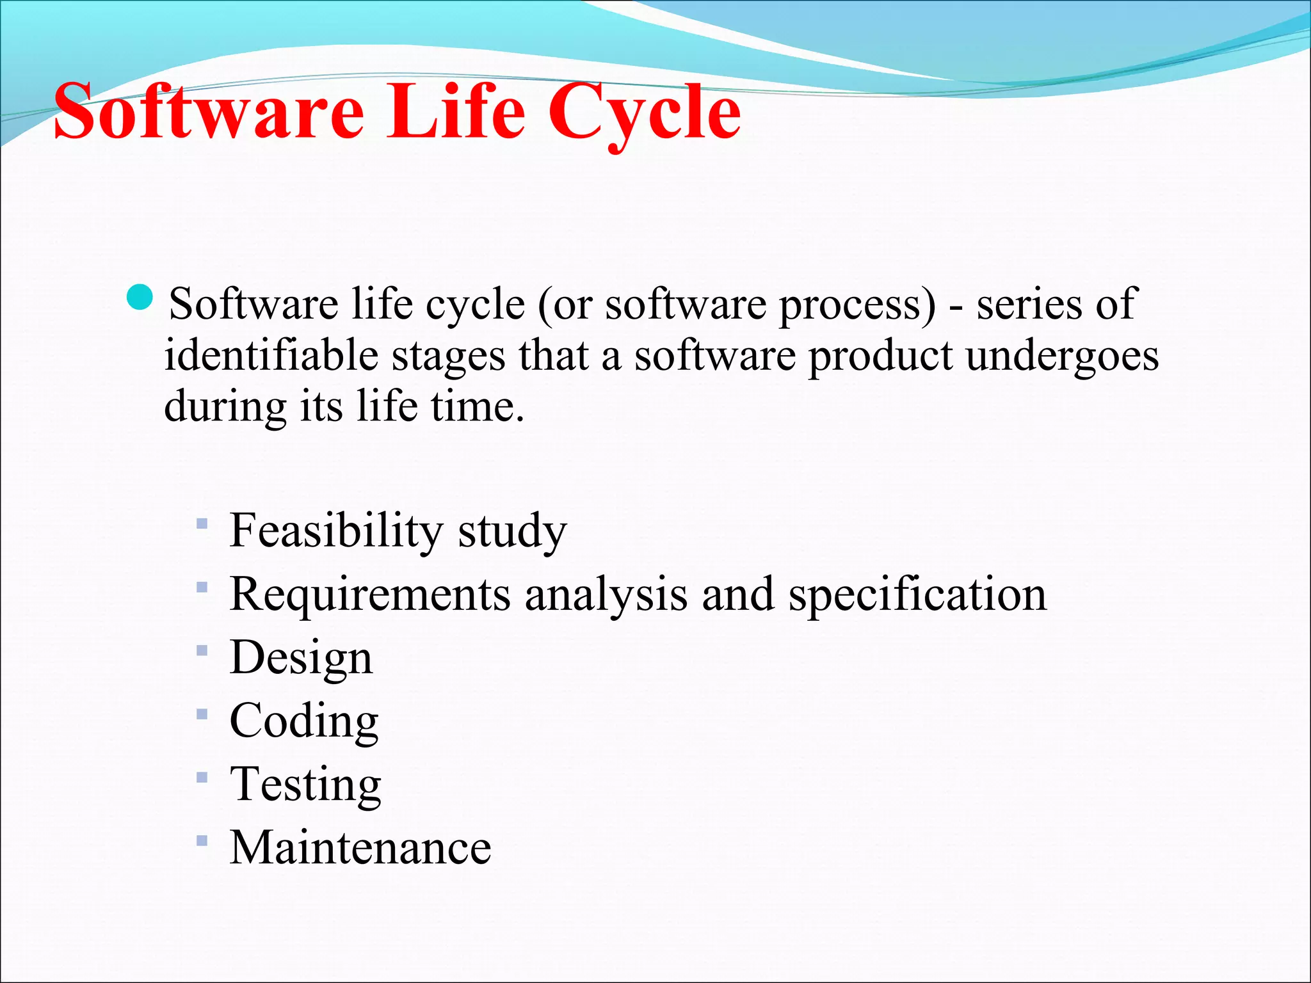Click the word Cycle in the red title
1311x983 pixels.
point(644,112)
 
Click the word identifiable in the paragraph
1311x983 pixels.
point(271,355)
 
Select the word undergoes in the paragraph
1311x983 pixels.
point(1063,355)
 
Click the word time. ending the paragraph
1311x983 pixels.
point(478,406)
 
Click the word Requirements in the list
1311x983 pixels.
point(369,594)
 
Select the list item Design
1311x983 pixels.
point(301,657)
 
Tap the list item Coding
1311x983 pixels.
point(304,721)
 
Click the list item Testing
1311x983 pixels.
point(305,785)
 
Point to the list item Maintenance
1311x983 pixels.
point(360,847)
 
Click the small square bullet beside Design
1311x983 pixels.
point(202,651)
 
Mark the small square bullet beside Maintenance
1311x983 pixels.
point(202,840)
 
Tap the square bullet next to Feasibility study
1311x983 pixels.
point(202,523)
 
